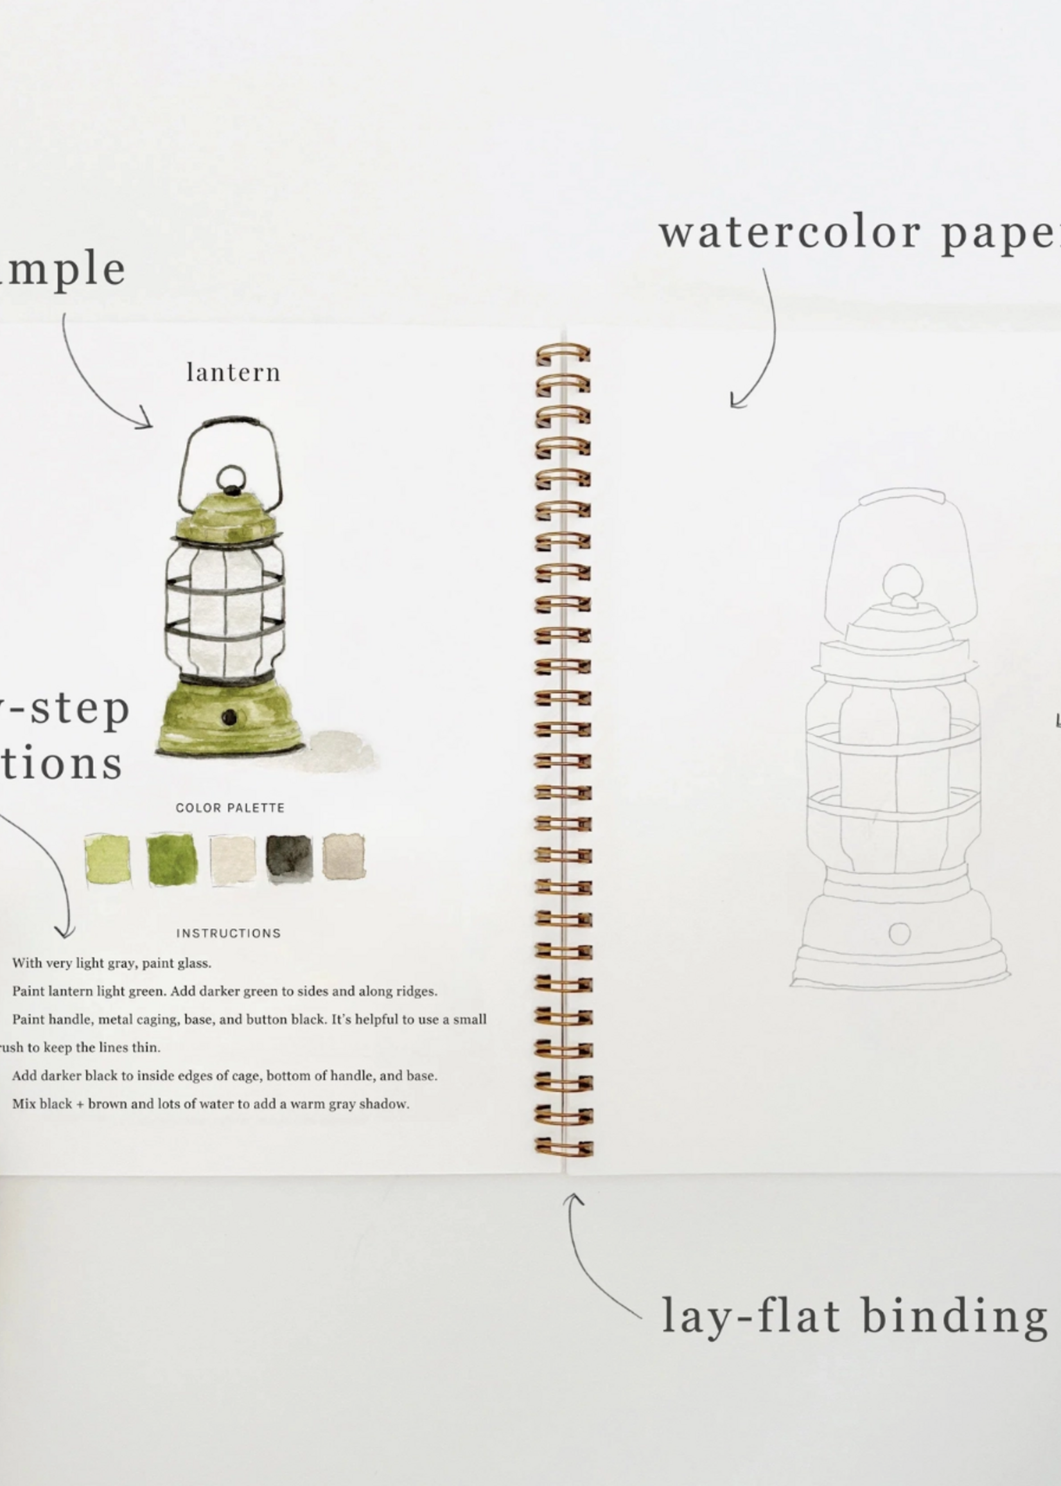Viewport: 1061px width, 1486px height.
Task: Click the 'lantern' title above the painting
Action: tap(233, 373)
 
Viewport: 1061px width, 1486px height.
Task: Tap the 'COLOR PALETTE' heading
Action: tap(230, 808)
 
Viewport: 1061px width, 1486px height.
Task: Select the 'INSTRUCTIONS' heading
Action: tap(229, 933)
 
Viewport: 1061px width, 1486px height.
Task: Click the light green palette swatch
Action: tap(107, 860)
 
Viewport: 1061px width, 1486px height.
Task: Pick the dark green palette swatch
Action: tap(171, 860)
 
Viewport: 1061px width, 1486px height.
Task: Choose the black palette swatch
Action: tap(289, 858)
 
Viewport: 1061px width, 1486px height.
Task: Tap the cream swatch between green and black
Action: tap(232, 860)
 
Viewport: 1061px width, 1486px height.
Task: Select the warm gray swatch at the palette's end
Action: tap(344, 856)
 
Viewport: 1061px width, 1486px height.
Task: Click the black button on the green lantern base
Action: tap(229, 718)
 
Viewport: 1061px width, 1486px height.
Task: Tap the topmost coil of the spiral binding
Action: tap(563, 353)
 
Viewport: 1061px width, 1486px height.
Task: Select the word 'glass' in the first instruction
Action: tap(194, 962)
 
